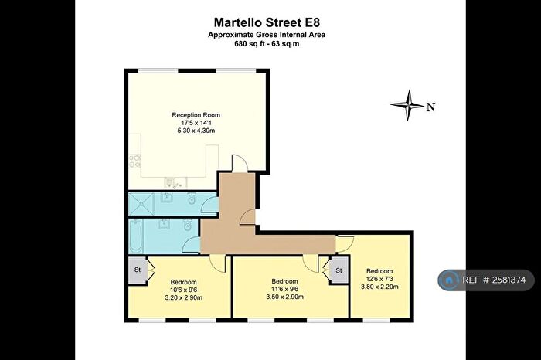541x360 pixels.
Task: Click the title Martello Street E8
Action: [x=267, y=22]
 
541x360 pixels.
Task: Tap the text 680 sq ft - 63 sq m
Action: [x=267, y=44]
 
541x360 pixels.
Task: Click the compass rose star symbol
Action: [x=407, y=105]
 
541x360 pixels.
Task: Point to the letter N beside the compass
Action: [x=430, y=107]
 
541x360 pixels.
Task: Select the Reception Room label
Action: [x=196, y=115]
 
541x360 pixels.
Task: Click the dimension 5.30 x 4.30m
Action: [x=196, y=131]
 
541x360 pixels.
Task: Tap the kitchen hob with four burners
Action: [x=135, y=161]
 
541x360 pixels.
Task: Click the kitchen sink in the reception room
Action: [x=175, y=183]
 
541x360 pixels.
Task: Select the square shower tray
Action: [x=141, y=203]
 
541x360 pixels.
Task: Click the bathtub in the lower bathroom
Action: [x=135, y=236]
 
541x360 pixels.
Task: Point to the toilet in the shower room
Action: [x=192, y=199]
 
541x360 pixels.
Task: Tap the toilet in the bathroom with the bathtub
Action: [x=188, y=225]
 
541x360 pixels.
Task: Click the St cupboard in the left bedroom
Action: [x=138, y=270]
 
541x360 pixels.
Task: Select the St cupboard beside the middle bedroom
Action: [x=339, y=270]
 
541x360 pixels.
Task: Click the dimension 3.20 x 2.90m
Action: [x=184, y=297]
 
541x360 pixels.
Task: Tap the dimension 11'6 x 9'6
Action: [x=284, y=289]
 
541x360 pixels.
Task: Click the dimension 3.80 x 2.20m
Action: [x=379, y=286]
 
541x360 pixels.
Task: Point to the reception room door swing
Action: [x=240, y=163]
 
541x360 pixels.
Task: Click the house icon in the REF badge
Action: [x=449, y=280]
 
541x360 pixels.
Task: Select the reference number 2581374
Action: [x=509, y=280]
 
